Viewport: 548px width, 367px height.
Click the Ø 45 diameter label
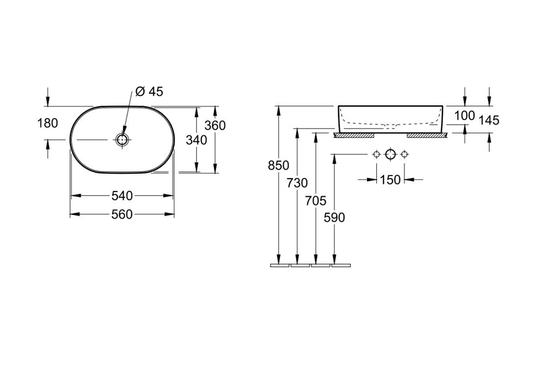[149, 92]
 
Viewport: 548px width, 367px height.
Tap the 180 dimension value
[47, 123]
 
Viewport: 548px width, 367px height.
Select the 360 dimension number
[215, 125]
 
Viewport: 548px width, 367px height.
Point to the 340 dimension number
[196, 140]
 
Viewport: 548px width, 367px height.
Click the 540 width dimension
[122, 196]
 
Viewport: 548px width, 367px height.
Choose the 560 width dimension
[122, 214]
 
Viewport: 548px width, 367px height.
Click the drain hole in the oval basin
[122, 140]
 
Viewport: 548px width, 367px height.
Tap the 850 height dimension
[278, 165]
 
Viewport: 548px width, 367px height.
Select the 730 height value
[297, 183]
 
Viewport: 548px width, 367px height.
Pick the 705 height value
[316, 201]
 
